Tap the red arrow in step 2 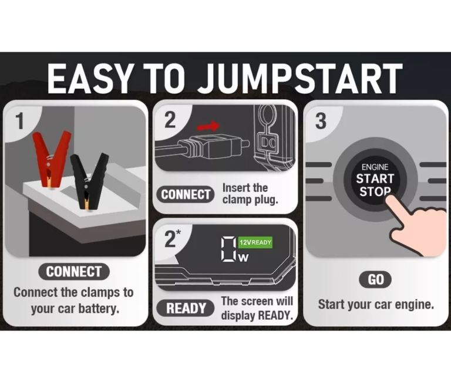click(x=208, y=126)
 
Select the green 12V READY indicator click(x=255, y=242)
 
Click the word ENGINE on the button click(x=375, y=167)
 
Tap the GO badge click(x=376, y=279)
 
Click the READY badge click(x=186, y=308)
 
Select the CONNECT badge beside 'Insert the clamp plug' click(x=185, y=194)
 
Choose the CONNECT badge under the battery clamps click(x=73, y=272)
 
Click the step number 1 click(x=19, y=121)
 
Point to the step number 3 click(x=321, y=121)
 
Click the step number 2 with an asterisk click(x=172, y=238)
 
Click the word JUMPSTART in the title click(x=299, y=79)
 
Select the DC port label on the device click(x=268, y=141)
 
